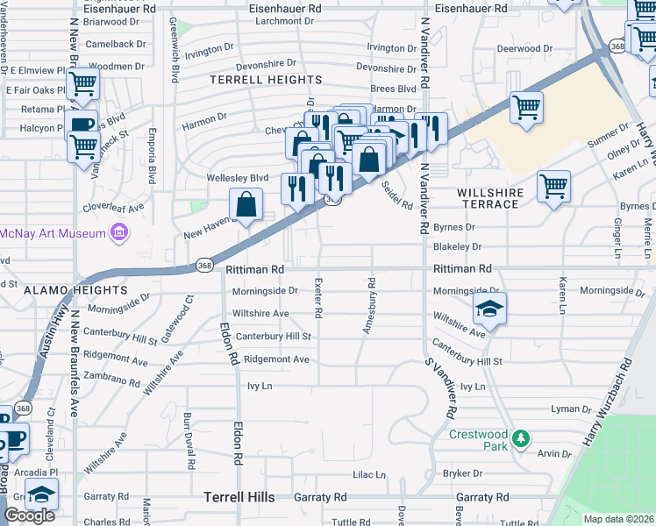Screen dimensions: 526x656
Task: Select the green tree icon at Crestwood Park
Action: coord(521,437)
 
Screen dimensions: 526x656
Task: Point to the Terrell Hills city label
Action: coord(239,497)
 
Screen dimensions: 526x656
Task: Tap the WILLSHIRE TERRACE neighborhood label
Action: coord(490,198)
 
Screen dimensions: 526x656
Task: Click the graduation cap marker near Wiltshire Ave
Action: coord(489,308)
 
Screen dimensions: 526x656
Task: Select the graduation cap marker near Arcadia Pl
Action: coord(41,494)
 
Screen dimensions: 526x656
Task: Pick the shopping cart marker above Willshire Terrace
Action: coord(554,186)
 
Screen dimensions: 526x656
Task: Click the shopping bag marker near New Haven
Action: coord(247,204)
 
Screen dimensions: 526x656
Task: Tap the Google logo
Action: coord(29,515)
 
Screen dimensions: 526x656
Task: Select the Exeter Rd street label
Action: coord(318,301)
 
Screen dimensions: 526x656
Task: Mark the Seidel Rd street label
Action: coord(396,195)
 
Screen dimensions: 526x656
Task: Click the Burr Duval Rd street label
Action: coord(187,432)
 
